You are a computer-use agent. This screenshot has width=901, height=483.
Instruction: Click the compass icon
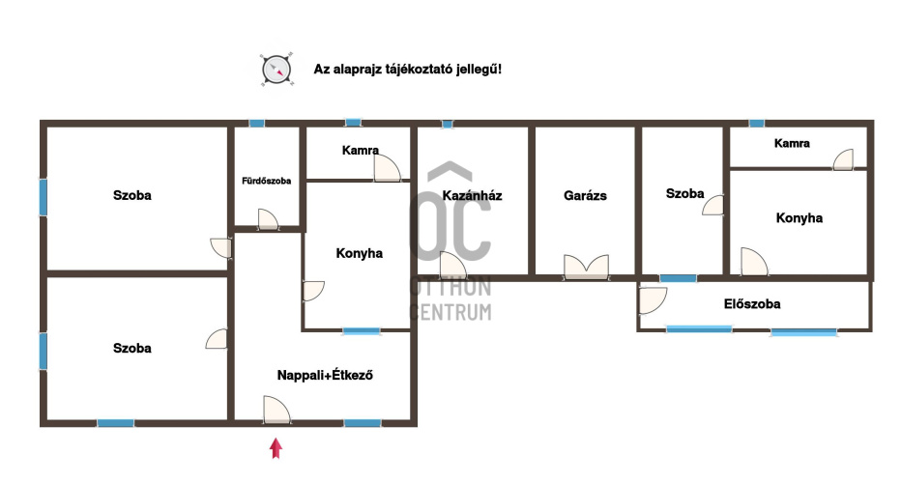[276, 70]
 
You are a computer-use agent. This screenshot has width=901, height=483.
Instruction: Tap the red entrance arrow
[276, 448]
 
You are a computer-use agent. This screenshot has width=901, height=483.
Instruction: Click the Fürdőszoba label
[266, 181]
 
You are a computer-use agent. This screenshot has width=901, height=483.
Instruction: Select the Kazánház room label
[473, 196]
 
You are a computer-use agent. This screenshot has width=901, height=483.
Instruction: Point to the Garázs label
[585, 196]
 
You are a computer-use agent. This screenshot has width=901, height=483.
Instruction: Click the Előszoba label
[752, 304]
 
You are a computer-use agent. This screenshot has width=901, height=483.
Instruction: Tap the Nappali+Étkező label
[325, 375]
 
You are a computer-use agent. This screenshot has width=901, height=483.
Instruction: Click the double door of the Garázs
[586, 267]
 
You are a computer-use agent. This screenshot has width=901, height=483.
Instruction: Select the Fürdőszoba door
[268, 219]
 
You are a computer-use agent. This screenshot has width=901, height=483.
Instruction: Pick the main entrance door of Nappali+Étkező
[276, 410]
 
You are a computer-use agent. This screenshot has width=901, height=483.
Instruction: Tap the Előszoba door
[653, 300]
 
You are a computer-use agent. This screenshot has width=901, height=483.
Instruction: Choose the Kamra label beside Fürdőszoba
[361, 151]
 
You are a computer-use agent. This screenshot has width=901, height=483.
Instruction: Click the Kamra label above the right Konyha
[792, 144]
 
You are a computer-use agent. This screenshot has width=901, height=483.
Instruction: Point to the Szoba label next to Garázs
[685, 193]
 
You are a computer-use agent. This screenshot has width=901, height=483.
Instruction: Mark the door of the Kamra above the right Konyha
[844, 159]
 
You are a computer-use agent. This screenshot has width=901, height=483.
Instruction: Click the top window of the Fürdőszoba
[257, 123]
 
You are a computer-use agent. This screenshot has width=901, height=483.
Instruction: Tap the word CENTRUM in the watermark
[450, 312]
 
